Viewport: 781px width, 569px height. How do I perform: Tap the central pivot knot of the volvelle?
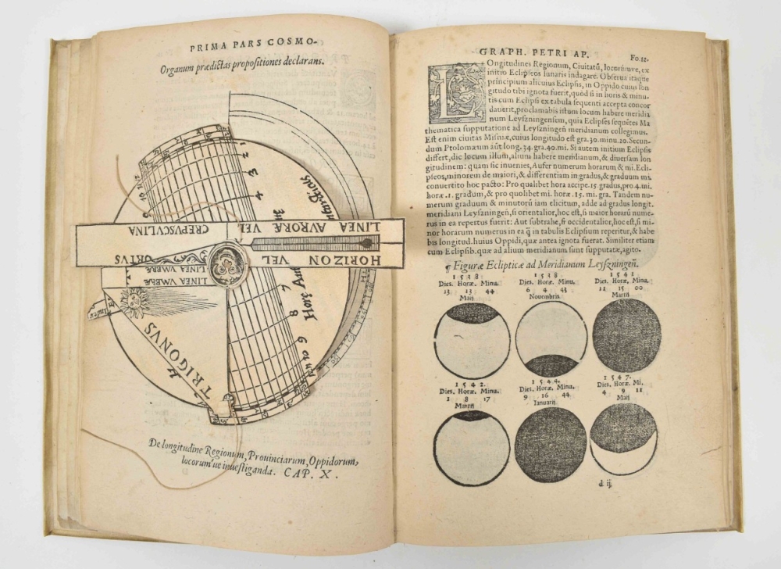227,262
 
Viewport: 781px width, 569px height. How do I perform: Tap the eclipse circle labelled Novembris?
552,338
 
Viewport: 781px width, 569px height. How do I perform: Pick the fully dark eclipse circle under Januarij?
551,444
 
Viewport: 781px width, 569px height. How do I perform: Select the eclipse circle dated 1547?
623,438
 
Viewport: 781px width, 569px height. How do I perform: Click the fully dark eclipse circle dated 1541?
627,335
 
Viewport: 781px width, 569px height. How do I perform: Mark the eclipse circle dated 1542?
472,447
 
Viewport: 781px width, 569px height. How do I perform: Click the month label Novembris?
551,295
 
